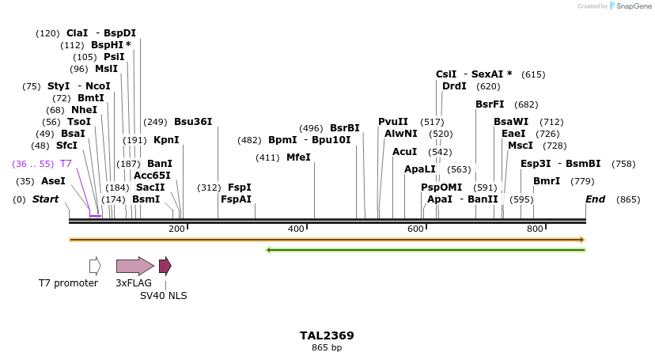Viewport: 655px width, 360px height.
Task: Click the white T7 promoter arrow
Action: pyautogui.click(x=95, y=266)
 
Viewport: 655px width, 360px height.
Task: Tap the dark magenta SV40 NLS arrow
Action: pyautogui.click(x=165, y=266)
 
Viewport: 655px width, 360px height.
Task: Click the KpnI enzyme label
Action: pyautogui.click(x=166, y=140)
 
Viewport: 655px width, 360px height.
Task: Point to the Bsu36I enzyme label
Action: pyautogui.click(x=193, y=122)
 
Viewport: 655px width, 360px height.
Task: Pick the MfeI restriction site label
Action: pyautogui.click(x=298, y=157)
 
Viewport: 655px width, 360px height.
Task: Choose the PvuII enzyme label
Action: pyautogui.click(x=393, y=122)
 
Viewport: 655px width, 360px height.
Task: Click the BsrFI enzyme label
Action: pyautogui.click(x=490, y=104)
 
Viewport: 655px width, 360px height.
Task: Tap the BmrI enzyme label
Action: pyautogui.click(x=547, y=181)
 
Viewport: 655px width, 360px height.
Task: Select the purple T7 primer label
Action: pyautogui.click(x=66, y=164)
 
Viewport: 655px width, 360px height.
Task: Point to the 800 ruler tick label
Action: pyautogui.click(x=535, y=229)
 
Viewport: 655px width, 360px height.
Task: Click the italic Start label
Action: pyautogui.click(x=45, y=199)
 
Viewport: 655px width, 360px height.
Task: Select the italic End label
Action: pyautogui.click(x=596, y=199)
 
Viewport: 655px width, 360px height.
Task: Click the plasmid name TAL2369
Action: pyautogui.click(x=327, y=335)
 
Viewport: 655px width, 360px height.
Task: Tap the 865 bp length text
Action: pyautogui.click(x=327, y=347)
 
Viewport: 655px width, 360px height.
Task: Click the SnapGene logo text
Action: pyautogui.click(x=630, y=6)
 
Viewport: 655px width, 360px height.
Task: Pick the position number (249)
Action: pyautogui.click(x=155, y=122)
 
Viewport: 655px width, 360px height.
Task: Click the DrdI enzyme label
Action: pyautogui.click(x=454, y=86)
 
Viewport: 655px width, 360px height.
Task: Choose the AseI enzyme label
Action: pyautogui.click(x=53, y=181)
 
